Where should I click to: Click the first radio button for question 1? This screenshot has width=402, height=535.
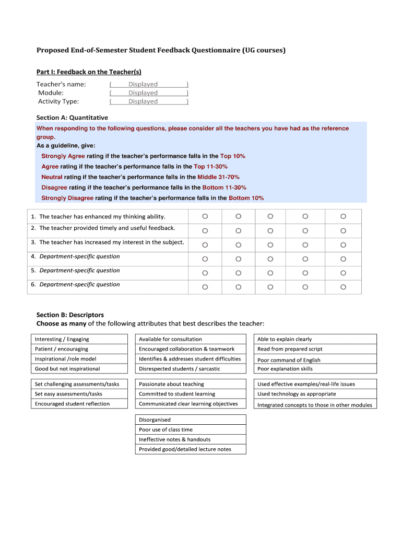coord(205,216)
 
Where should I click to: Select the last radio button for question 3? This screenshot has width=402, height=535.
coord(343,245)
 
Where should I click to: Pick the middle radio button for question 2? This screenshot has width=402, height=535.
coord(270,230)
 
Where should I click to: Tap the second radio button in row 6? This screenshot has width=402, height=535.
coord(238,287)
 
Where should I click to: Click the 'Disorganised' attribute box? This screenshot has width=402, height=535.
coord(190,420)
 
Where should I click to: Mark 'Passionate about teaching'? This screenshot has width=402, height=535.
coord(190,384)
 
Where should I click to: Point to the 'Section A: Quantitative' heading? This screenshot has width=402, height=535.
coord(72,118)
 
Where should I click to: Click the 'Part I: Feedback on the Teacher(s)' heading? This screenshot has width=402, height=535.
coord(89,72)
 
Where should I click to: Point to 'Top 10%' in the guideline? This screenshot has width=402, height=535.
coord(232,156)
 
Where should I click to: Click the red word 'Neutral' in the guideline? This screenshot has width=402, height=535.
coord(52,177)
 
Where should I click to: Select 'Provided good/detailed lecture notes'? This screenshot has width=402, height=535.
coord(190,449)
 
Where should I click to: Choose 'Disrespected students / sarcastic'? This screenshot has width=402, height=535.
coord(190,369)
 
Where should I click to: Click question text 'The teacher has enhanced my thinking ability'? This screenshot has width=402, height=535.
coord(102,216)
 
